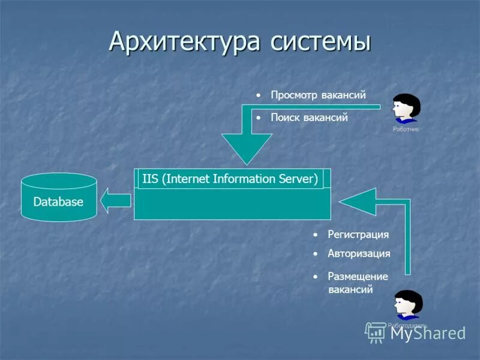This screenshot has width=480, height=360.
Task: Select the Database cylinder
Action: (x=58, y=197)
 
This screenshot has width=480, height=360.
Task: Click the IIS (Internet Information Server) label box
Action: (x=230, y=179)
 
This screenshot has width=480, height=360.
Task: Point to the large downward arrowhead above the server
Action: (x=245, y=148)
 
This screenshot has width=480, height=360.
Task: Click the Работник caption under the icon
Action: (x=406, y=129)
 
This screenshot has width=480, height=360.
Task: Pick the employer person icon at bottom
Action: (x=408, y=305)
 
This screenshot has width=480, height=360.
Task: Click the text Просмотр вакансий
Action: (x=317, y=95)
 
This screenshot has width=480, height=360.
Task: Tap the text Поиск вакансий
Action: (x=309, y=118)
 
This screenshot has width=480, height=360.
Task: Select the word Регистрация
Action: (x=358, y=234)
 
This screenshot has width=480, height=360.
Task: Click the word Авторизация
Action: (x=359, y=253)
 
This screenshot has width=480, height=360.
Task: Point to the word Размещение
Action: (x=358, y=277)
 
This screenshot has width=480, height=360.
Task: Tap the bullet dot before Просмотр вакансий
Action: (x=257, y=95)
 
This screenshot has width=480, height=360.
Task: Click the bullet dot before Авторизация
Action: (x=314, y=254)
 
